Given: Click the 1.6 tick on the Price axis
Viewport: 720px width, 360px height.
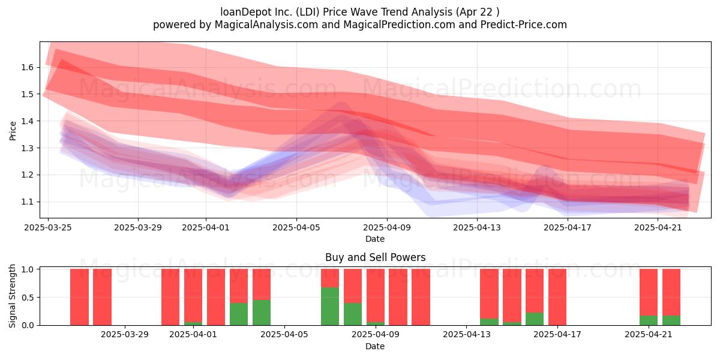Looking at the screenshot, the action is pyautogui.click(x=28, y=67).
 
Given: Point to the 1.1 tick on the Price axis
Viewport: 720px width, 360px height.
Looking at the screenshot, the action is pyautogui.click(x=28, y=202).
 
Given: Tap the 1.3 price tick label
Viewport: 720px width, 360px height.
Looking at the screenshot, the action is pyautogui.click(x=28, y=148).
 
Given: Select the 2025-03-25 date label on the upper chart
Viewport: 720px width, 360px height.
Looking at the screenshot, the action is pyautogui.click(x=48, y=227).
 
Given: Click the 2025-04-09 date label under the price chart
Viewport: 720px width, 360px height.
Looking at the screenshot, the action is pyautogui.click(x=387, y=227).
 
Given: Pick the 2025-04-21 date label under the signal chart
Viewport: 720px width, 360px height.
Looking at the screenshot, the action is pyautogui.click(x=649, y=335).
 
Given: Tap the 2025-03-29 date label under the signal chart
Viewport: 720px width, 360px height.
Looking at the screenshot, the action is pyautogui.click(x=125, y=335).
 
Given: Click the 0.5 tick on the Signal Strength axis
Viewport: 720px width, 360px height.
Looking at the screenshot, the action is pyautogui.click(x=28, y=298).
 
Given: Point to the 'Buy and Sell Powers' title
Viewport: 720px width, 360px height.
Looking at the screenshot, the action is pyautogui.click(x=375, y=257).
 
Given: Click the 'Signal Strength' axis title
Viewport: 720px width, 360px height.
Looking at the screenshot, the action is pyautogui.click(x=12, y=296).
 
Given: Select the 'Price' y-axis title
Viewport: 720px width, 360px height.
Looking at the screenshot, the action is pyautogui.click(x=13, y=131).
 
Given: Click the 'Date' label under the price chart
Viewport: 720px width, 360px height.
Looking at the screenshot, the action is pyautogui.click(x=375, y=239).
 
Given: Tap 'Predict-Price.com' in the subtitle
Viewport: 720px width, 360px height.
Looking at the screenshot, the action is pyautogui.click(x=524, y=25).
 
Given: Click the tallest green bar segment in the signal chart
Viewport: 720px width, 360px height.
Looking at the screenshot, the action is pyautogui.click(x=330, y=307).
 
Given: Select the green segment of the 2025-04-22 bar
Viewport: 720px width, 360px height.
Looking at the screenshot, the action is pyautogui.click(x=671, y=320).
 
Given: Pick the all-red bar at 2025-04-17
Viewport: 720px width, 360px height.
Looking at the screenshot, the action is pyautogui.click(x=557, y=297).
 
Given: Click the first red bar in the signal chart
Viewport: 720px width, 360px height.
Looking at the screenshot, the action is pyautogui.click(x=79, y=297).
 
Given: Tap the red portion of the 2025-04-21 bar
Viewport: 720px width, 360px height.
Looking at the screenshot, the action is pyautogui.click(x=649, y=292).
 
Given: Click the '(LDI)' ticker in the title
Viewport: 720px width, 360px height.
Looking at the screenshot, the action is pyautogui.click(x=308, y=12).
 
